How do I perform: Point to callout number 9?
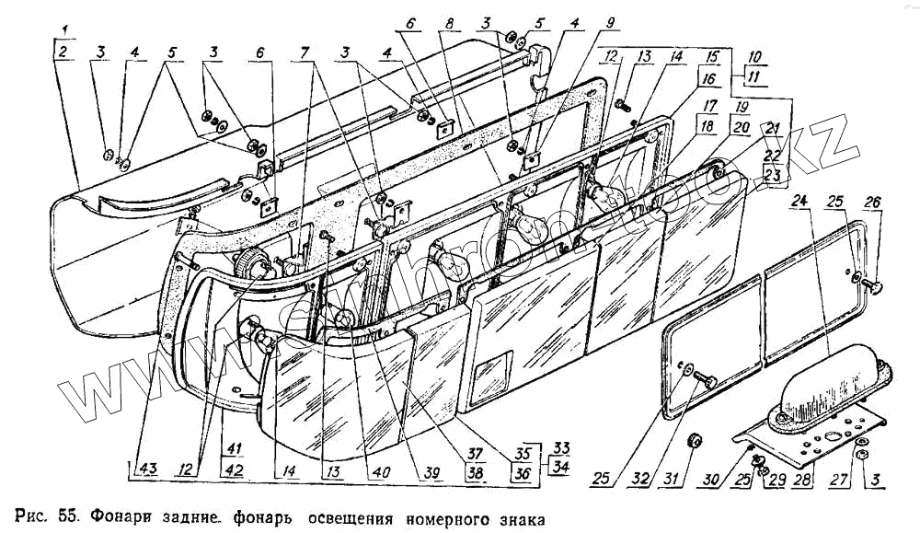[586, 25]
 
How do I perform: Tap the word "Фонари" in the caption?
[109, 516]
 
